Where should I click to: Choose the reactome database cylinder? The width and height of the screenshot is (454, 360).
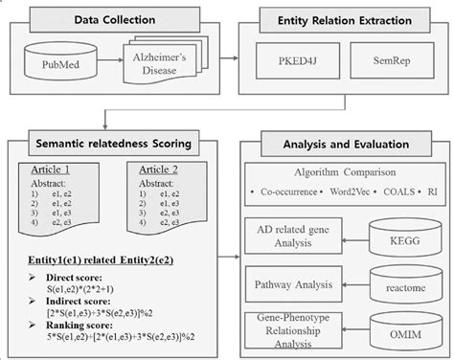[400, 284]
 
